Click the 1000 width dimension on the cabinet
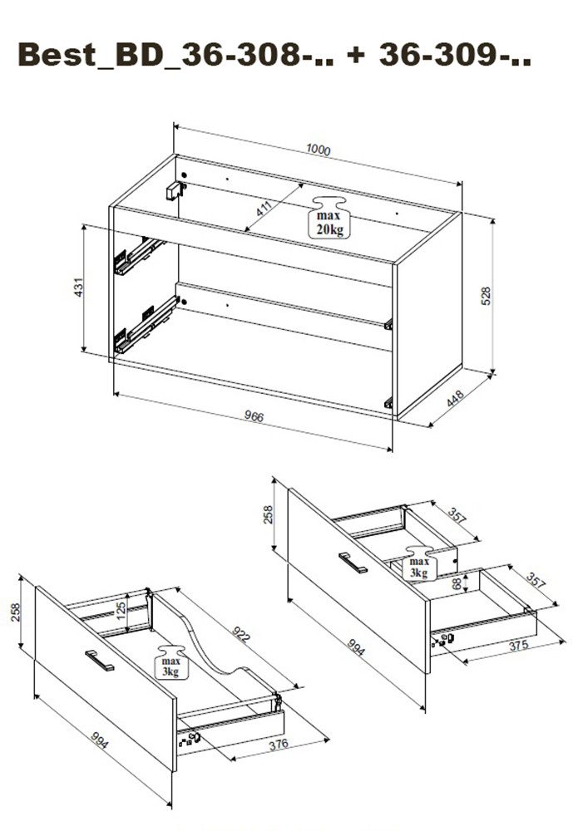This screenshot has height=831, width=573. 319,150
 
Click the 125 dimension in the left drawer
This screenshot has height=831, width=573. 121,608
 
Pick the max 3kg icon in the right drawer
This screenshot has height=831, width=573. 417,563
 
